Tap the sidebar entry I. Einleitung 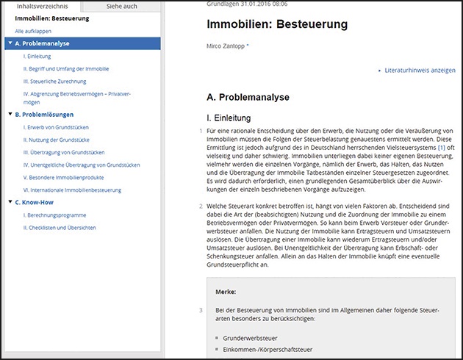point(37,56)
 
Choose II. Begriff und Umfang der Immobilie point(66,68)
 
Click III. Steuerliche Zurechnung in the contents point(55,81)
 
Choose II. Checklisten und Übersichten point(60,228)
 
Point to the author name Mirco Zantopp point(226,46)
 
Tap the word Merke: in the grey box point(226,292)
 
